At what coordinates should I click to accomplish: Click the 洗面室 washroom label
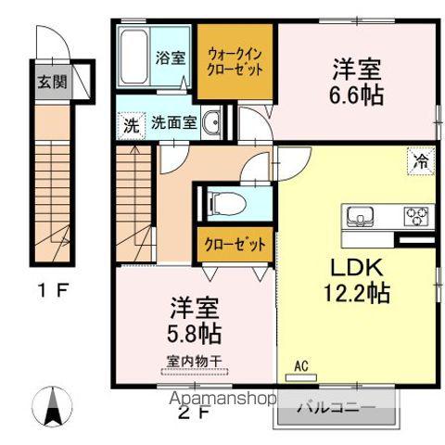tap(173, 122)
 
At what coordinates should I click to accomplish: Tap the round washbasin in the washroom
tap(212, 121)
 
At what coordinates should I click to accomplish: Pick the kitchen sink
tap(359, 217)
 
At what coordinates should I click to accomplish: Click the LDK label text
tap(356, 269)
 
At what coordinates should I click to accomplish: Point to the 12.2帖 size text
tap(357, 294)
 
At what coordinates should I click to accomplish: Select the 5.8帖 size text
tap(194, 330)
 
